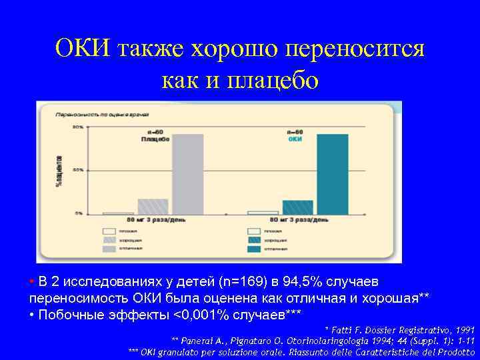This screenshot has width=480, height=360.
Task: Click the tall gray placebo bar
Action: pos(189,173)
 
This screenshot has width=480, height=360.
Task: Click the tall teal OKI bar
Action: pos(332,173)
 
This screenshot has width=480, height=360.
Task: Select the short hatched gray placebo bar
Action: pos(153,206)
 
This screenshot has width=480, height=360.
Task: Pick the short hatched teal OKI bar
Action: pos(297,207)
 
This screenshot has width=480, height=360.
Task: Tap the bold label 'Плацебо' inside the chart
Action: pos(155,139)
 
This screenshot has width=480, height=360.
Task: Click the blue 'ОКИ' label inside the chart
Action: pos(295,139)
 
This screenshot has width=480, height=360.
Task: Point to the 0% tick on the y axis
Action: pos(79,213)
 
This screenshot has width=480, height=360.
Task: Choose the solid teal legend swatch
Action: pos(254,249)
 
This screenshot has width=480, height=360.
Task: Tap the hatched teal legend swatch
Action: pos(254,240)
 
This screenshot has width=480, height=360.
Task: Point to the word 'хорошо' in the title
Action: pos(235,48)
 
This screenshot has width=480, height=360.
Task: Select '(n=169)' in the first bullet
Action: pos(241,281)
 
